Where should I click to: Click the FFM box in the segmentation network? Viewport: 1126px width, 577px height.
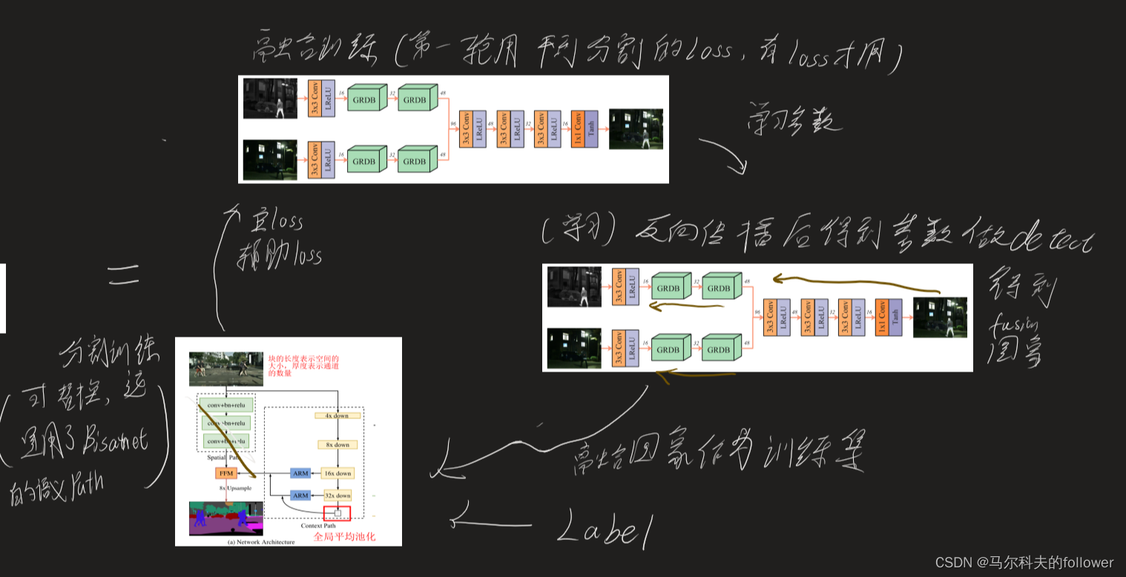click(225, 473)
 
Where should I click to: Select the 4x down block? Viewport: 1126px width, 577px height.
click(337, 416)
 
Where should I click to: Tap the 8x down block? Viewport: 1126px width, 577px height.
click(337, 445)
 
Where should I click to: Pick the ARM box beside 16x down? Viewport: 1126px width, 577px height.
click(300, 473)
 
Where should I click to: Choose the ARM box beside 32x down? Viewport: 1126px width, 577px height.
click(300, 495)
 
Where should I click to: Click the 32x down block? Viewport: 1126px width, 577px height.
click(337, 495)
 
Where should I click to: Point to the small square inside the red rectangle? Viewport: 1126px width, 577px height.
click(338, 512)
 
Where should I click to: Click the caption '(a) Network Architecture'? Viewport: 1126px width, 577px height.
click(261, 541)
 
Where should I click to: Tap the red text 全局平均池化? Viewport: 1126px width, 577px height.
click(344, 536)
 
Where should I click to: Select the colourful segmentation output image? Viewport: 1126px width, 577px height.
click(226, 518)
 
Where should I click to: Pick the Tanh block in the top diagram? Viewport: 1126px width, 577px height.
click(591, 129)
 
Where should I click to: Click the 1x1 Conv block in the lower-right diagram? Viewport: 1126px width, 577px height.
click(882, 317)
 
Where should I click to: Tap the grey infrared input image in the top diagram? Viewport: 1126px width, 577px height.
click(270, 99)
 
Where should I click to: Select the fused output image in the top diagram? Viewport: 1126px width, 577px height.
click(636, 129)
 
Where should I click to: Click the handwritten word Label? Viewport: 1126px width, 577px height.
click(605, 528)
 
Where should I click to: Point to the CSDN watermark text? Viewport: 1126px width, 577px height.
click(1024, 562)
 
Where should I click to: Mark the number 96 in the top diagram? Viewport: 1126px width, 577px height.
click(452, 123)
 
